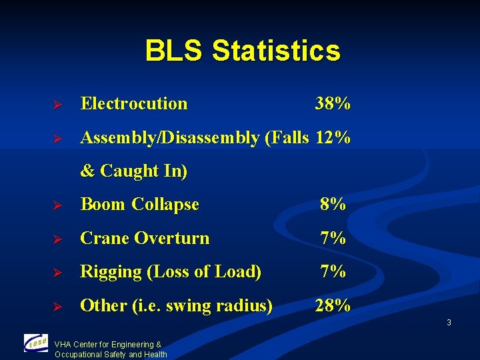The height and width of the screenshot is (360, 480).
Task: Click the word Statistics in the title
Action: point(276,51)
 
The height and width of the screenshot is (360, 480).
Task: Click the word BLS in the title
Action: point(174,51)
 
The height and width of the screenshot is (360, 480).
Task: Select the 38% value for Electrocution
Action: point(333,104)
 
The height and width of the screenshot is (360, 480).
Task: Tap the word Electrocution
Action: point(134,104)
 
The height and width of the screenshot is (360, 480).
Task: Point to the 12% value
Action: point(333,138)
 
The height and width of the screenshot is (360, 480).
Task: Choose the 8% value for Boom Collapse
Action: point(333,205)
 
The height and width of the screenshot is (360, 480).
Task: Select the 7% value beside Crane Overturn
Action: point(333,238)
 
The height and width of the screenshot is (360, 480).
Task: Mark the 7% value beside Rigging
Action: point(333,272)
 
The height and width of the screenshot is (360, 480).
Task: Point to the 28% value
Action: point(333,306)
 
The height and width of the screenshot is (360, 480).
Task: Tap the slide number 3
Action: point(449,323)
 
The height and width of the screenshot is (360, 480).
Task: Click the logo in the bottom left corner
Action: point(36,343)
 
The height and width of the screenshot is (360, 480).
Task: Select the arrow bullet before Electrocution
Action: point(57,105)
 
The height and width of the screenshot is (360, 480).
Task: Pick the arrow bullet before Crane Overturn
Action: point(57,239)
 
